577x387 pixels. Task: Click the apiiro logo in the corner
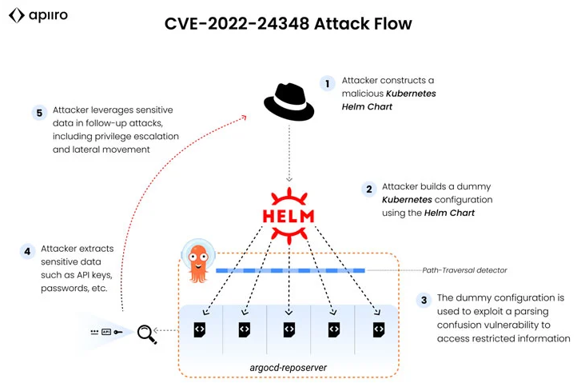click(x=38, y=15)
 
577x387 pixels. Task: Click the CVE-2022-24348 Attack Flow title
click(x=288, y=23)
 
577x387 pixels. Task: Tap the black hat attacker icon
click(x=288, y=102)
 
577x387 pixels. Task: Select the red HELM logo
click(x=288, y=216)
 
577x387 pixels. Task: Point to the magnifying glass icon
click(x=147, y=334)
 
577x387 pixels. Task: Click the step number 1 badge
click(x=327, y=84)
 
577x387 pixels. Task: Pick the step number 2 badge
click(x=368, y=190)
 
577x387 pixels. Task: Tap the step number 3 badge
click(x=424, y=301)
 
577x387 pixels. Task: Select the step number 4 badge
click(x=27, y=252)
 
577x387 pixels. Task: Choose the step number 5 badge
click(x=39, y=113)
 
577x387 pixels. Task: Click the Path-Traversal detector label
click(x=464, y=270)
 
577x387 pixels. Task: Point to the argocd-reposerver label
click(x=288, y=368)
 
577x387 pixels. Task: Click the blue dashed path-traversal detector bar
click(x=290, y=270)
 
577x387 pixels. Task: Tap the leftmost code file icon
click(x=200, y=329)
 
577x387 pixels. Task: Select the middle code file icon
click(x=288, y=329)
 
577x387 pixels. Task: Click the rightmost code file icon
click(x=379, y=329)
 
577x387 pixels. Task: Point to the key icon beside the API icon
click(x=118, y=332)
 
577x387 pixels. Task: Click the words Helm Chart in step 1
click(x=367, y=107)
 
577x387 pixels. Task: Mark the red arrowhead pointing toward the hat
click(x=244, y=118)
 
